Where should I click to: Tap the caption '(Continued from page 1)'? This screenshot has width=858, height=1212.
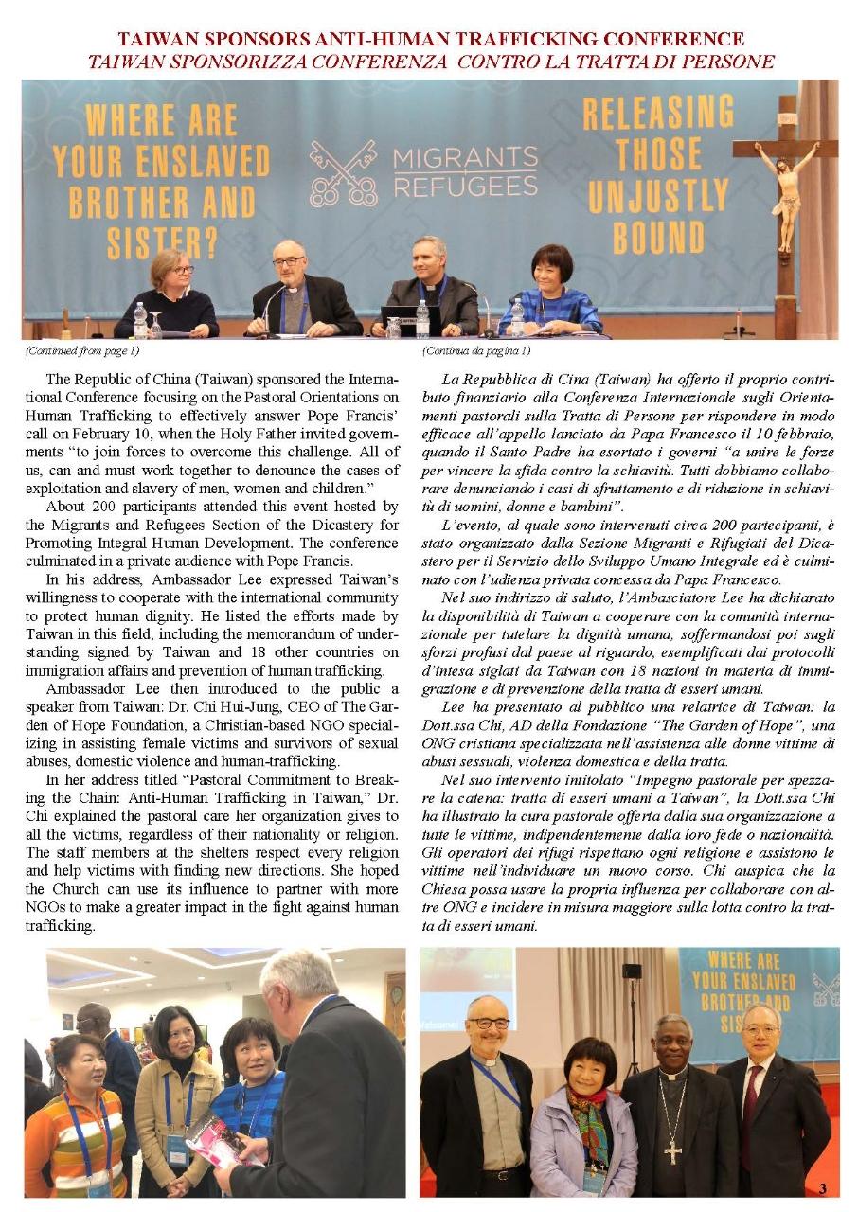point(82,350)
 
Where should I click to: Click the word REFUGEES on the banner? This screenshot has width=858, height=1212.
point(465,185)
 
